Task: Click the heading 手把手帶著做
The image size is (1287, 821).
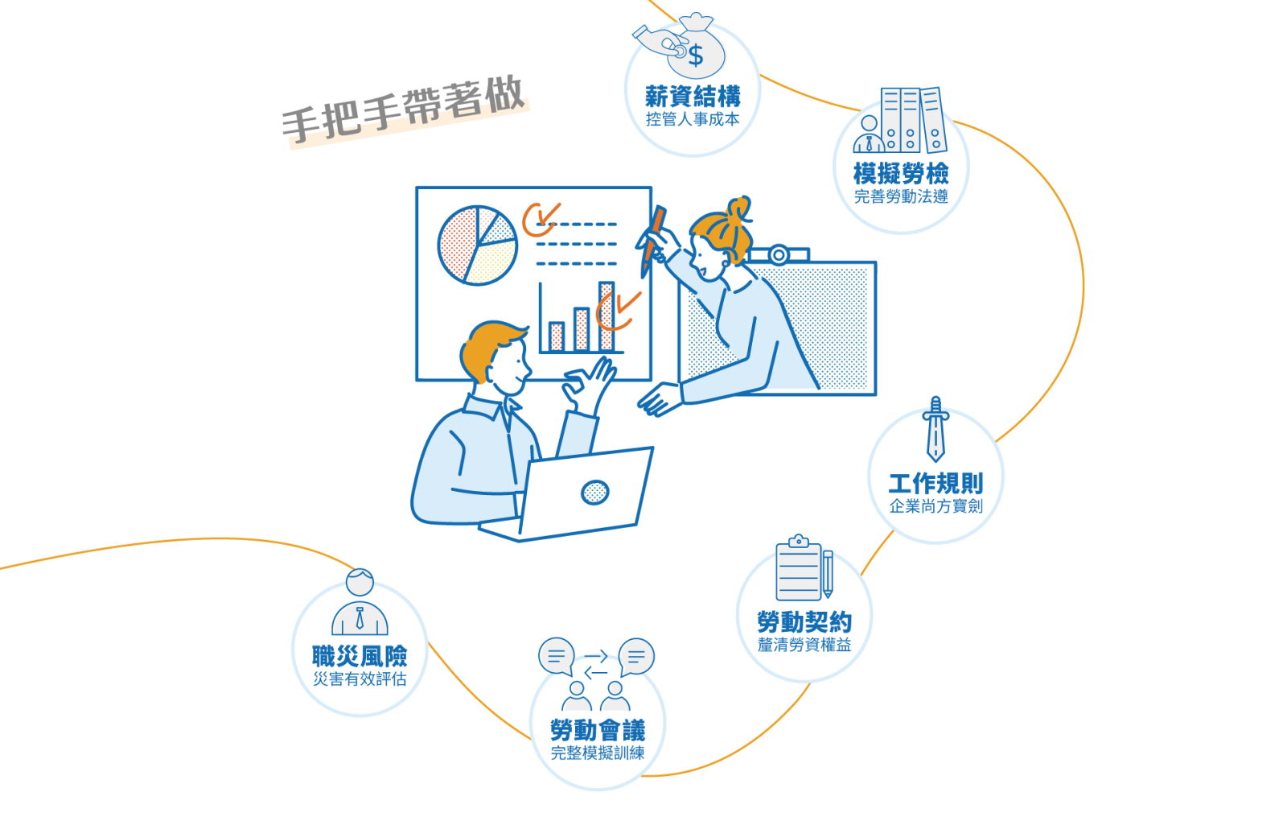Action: [x=403, y=109]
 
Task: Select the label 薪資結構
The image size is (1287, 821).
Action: [x=693, y=96]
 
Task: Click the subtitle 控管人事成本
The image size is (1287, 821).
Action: [x=693, y=120]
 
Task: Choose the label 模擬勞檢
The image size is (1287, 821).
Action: [x=901, y=173]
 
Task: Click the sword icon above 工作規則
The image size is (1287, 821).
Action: [x=935, y=429]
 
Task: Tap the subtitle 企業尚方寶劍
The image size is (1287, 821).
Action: [x=936, y=506]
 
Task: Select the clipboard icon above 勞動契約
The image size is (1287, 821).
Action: [x=804, y=568]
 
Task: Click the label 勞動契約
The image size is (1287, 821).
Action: [x=804, y=622]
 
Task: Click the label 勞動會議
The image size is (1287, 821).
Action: [x=598, y=730]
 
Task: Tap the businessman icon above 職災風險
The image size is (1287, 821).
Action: [x=360, y=602]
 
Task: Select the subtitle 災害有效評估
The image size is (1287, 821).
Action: [x=360, y=679]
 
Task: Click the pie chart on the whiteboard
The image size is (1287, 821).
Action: [x=478, y=245]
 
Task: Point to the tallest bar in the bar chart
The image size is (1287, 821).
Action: [x=606, y=316]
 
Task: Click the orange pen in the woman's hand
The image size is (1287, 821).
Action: [x=653, y=241]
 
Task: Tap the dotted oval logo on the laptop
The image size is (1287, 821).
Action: [x=594, y=492]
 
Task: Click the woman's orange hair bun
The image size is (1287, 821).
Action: [x=740, y=208]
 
